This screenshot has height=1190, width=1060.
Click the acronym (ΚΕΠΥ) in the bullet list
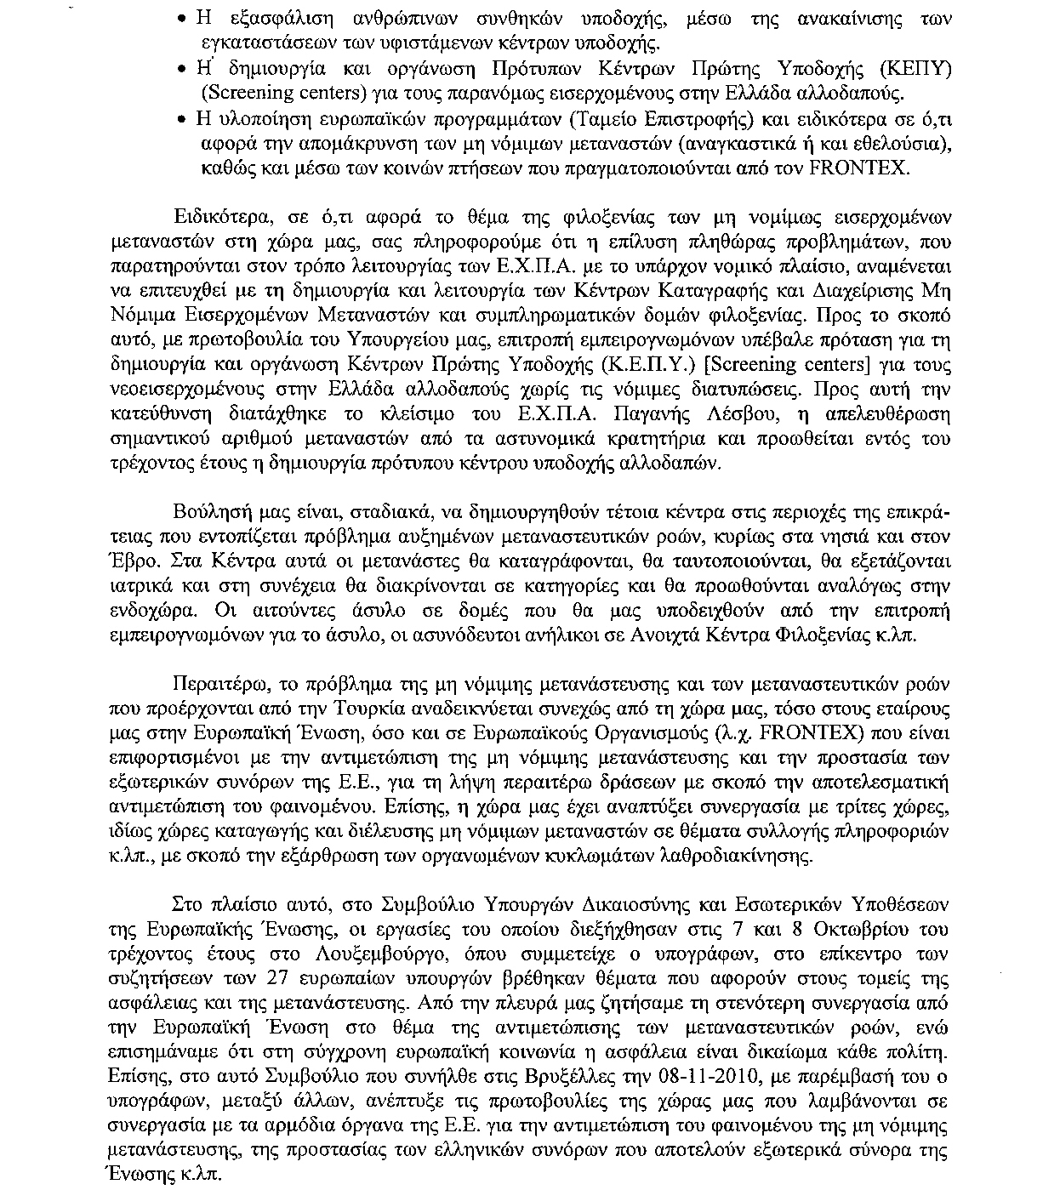(910, 68)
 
